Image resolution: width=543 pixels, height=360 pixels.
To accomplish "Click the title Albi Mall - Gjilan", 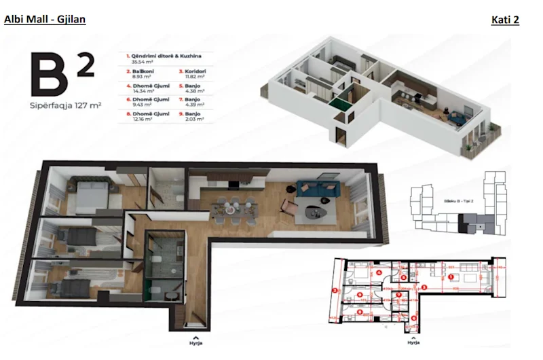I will click(x=45, y=20).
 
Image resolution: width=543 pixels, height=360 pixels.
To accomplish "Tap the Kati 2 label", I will click(x=505, y=20).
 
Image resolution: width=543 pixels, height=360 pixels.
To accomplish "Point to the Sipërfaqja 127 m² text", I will click(x=64, y=106).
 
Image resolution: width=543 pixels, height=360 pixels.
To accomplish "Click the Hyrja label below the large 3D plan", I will click(x=195, y=342).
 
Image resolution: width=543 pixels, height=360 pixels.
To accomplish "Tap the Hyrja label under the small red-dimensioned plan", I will click(x=413, y=342).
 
